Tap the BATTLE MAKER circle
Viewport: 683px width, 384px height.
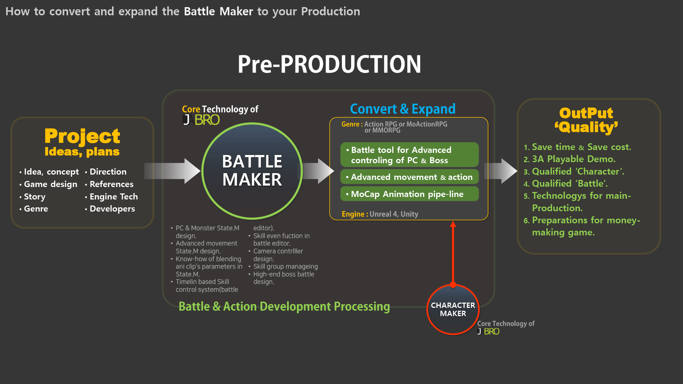coord(252,171)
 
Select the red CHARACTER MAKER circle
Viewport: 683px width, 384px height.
coord(453,309)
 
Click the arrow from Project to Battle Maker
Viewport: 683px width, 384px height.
coord(173,171)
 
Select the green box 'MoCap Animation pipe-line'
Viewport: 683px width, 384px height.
coord(409,194)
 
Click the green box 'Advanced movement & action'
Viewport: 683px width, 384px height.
coord(409,177)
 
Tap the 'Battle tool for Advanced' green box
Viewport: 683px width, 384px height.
coord(409,155)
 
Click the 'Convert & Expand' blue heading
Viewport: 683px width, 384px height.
coord(402,109)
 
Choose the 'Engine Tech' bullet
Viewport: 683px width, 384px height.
coord(113,197)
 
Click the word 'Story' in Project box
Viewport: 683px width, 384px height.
coord(35,197)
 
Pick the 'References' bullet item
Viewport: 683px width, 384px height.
coord(111,184)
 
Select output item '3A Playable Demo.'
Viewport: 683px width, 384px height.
coord(573,159)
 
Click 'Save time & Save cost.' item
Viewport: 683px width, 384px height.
coord(581,147)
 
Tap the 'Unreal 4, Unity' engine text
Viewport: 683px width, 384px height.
coord(393,214)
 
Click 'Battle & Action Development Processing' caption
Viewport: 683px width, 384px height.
coord(284,306)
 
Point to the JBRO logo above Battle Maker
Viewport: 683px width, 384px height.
coord(201,120)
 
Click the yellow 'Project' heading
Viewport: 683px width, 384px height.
coord(82,136)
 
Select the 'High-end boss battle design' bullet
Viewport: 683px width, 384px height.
coord(283,278)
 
